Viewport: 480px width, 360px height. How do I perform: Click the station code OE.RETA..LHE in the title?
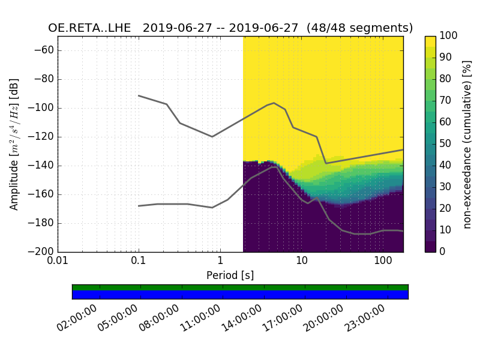92,28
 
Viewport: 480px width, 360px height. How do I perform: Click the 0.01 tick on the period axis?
58,262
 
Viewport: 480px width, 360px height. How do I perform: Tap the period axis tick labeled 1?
220,262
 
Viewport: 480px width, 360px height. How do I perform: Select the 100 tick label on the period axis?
382,262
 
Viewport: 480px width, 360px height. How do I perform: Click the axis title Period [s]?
230,275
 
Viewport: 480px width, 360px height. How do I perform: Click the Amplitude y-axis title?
14,144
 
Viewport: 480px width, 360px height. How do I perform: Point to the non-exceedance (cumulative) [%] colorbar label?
469,144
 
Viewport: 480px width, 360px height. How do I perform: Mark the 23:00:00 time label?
366,317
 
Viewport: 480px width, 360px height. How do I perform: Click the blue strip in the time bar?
240,295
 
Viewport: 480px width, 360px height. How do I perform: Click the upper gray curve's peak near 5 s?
274,103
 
